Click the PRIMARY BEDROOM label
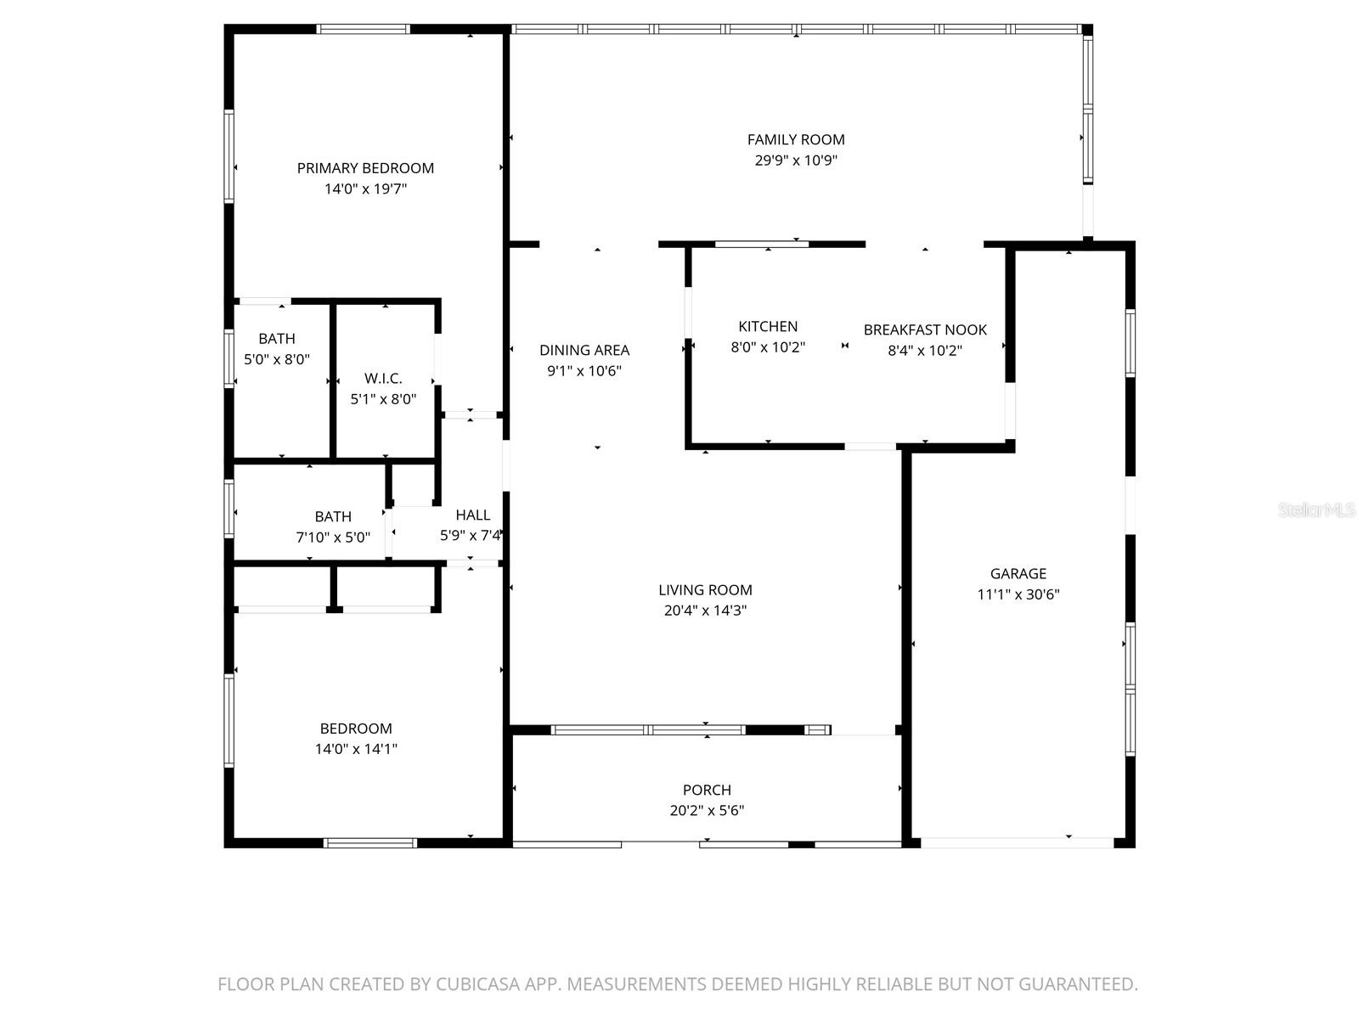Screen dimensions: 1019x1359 click(x=365, y=168)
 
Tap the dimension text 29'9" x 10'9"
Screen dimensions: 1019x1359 click(x=796, y=160)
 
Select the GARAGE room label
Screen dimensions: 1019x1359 click(x=1018, y=574)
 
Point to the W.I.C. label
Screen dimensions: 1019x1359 click(x=383, y=379)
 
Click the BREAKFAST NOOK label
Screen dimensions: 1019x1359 click(x=925, y=329)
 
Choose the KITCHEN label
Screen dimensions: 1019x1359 click(x=768, y=326)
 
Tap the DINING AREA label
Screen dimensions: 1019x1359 click(x=584, y=350)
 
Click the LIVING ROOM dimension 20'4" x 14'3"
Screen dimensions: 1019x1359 click(x=705, y=611)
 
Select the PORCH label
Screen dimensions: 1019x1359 click(x=707, y=790)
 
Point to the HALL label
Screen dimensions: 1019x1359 click(x=472, y=515)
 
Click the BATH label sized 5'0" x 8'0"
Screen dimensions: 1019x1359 click(x=277, y=339)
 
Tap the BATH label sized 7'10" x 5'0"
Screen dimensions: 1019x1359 click(x=333, y=516)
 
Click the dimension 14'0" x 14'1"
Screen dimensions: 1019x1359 click(x=356, y=749)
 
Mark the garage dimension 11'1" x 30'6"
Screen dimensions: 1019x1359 click(x=1018, y=594)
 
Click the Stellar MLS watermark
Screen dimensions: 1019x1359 click(x=1316, y=510)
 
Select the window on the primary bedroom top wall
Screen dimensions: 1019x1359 click(x=364, y=29)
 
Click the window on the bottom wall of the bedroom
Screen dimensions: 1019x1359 click(x=370, y=843)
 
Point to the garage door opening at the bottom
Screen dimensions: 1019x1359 click(x=1017, y=843)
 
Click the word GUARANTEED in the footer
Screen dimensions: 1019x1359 click(x=1079, y=984)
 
